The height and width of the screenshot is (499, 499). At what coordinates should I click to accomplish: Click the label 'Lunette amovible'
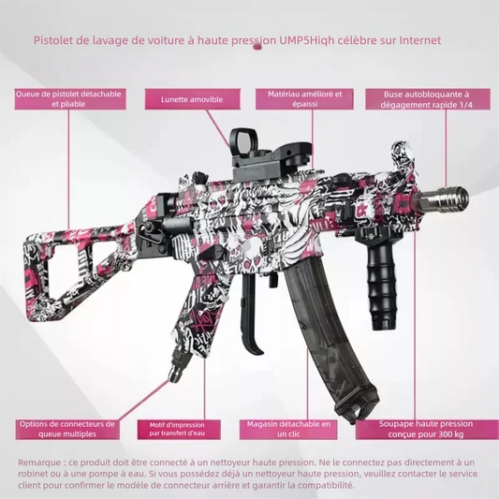coord(192,99)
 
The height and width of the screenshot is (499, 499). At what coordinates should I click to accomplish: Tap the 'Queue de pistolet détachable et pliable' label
coord(69,99)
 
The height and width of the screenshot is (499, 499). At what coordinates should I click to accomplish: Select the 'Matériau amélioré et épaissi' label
coord(304,99)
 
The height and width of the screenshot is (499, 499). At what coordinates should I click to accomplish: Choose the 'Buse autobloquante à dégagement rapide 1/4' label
coord(428,99)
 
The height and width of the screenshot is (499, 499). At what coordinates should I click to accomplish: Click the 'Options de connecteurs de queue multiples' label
coord(67,430)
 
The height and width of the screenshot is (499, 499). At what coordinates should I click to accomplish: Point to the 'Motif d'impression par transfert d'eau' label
coord(179,430)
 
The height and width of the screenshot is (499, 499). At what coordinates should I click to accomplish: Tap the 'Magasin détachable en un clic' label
coord(288,430)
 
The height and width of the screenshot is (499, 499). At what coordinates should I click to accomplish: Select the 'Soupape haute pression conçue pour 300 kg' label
coord(426,430)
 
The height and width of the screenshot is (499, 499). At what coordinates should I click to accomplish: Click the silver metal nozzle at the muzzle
coord(443,198)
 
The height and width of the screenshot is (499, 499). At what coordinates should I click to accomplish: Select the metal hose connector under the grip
coord(176,365)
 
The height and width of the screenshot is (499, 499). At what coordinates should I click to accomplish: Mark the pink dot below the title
coord(257,48)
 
